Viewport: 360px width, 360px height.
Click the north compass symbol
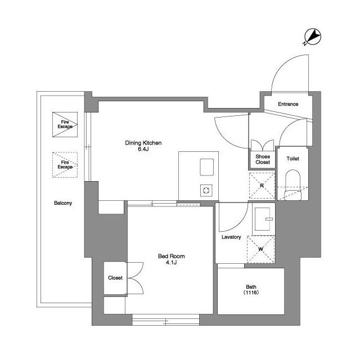[x=313, y=37]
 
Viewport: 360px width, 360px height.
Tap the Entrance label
[x=288, y=104]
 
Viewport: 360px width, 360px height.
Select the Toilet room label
[x=292, y=159]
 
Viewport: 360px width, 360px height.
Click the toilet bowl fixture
[x=292, y=186]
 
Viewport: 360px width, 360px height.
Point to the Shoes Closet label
[x=263, y=159]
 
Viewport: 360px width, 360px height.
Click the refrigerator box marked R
[x=262, y=186]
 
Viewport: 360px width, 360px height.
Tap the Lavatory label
[x=231, y=237]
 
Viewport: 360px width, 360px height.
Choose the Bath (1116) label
[x=250, y=289]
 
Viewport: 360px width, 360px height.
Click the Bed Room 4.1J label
[x=172, y=259]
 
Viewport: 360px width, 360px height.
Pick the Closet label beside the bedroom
[x=115, y=278]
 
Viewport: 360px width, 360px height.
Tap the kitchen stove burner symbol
[x=205, y=190]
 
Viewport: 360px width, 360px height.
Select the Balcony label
[x=63, y=203]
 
